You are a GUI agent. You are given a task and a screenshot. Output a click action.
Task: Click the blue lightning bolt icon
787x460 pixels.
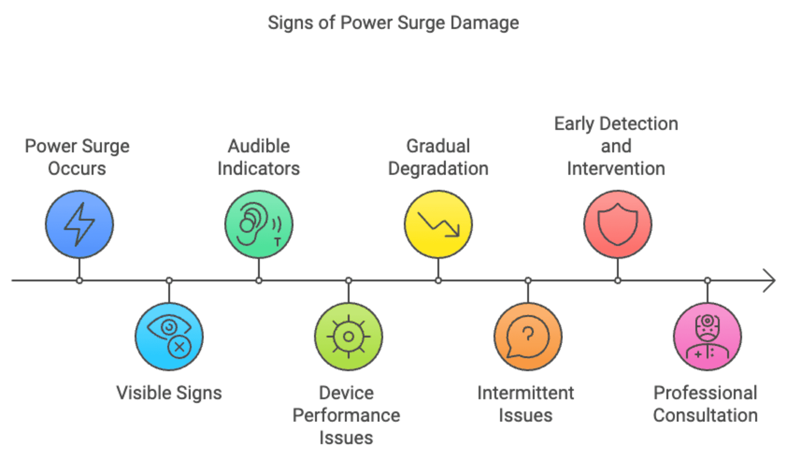(x=79, y=224)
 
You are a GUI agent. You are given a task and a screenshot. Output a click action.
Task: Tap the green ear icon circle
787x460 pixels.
(x=259, y=224)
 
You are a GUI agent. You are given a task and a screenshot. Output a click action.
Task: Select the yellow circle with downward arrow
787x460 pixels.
(x=438, y=224)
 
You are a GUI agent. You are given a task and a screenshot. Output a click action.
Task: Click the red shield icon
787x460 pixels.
(x=618, y=224)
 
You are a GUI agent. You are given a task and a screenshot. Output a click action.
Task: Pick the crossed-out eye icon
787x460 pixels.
(x=169, y=336)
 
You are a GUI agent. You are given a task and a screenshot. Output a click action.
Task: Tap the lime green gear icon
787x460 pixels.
(x=349, y=336)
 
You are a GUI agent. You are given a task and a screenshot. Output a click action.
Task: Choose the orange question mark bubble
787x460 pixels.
(x=528, y=336)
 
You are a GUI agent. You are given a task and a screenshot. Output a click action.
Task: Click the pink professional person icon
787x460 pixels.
(x=707, y=336)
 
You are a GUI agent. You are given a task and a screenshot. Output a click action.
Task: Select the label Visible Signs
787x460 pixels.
(x=169, y=393)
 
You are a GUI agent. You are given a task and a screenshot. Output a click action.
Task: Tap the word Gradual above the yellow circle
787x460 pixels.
(x=438, y=146)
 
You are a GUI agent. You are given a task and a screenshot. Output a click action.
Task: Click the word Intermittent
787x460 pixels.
(x=525, y=393)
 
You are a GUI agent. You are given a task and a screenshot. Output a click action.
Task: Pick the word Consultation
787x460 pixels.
(x=705, y=415)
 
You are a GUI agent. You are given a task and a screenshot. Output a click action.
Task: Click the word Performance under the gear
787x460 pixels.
(x=346, y=415)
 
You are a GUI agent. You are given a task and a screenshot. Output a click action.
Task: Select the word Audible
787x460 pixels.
(x=259, y=146)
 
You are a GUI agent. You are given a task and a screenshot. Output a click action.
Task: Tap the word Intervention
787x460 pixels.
(x=616, y=169)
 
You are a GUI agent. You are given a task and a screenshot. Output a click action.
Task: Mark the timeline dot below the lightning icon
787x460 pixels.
(x=79, y=281)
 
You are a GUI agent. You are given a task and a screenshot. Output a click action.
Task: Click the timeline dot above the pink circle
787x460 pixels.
(x=707, y=281)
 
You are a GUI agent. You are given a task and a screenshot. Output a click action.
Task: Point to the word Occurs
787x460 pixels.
(x=77, y=169)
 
